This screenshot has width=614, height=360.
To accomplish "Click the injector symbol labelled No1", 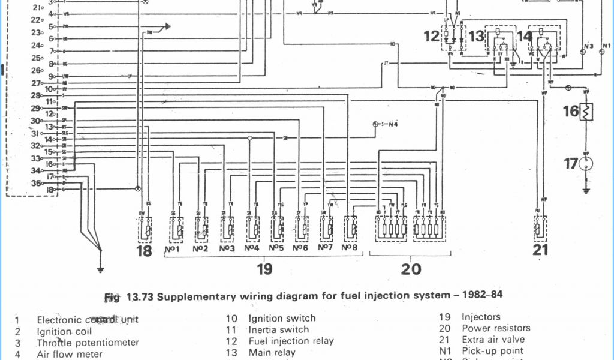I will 176,228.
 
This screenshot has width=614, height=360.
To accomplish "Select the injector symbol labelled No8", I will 350,228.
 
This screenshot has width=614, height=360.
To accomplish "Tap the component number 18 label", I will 144,251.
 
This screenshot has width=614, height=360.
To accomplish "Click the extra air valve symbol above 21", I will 540,228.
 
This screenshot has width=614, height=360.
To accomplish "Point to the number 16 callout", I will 570,111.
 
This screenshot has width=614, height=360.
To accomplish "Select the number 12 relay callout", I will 432,37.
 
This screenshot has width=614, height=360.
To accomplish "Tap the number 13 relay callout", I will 476,37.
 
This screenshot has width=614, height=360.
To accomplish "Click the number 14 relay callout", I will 524,37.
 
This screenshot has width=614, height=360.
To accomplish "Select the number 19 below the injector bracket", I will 264,269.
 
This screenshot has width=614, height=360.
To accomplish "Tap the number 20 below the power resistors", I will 411,269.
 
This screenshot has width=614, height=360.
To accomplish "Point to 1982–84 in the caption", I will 482,296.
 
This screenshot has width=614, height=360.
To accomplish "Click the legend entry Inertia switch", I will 279,329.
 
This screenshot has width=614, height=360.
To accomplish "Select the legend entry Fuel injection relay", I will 291,341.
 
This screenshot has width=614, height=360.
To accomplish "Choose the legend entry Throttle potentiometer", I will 88,343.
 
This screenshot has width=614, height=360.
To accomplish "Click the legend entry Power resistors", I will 496,328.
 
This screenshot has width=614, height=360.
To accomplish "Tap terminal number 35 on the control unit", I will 37,184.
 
